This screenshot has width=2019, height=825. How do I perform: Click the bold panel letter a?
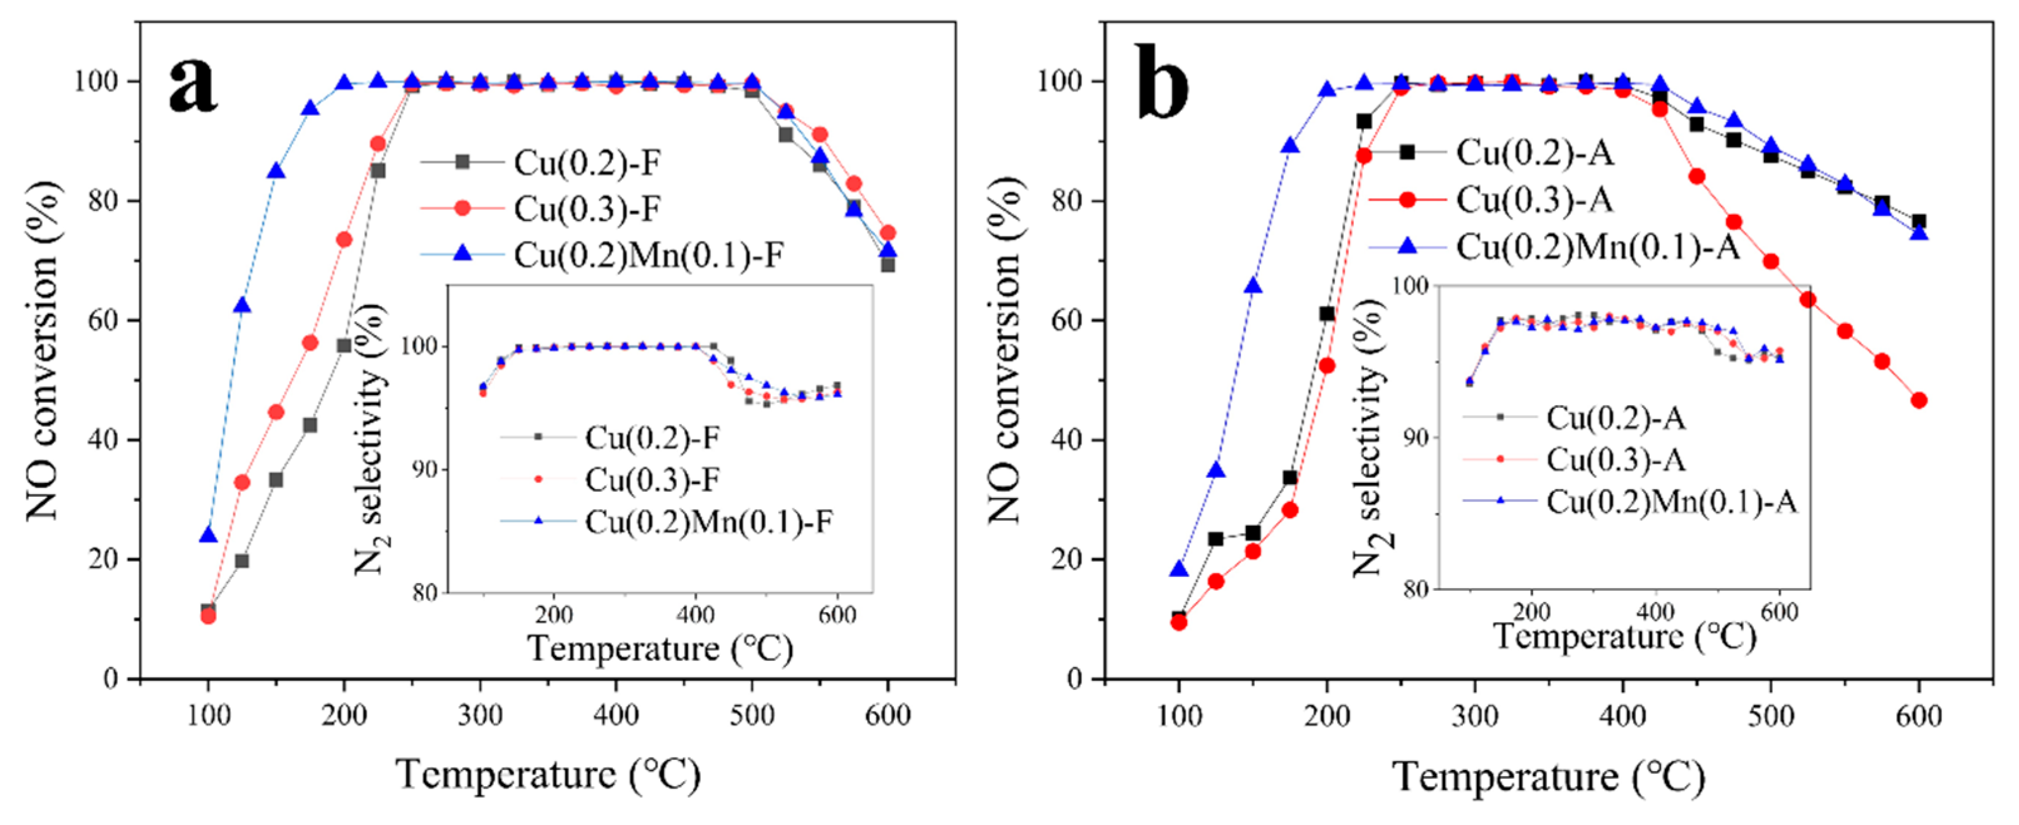(193, 85)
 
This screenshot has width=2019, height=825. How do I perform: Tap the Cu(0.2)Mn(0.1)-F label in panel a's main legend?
(648, 254)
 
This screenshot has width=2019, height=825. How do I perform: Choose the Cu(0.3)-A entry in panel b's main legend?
(1534, 200)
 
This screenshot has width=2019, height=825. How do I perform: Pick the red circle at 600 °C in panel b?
(1919, 400)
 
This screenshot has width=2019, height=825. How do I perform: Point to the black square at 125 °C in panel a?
(242, 561)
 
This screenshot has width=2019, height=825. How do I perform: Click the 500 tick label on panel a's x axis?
(752, 715)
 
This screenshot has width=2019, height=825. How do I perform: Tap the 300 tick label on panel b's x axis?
(1474, 716)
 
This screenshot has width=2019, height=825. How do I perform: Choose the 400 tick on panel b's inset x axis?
(1655, 611)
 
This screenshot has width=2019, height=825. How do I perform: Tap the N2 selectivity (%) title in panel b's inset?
(1371, 438)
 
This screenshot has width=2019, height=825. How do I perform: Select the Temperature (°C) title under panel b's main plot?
(1548, 777)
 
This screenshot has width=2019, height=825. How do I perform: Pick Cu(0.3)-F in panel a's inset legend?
(651, 479)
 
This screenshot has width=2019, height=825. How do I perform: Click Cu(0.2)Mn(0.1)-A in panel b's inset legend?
(1670, 501)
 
